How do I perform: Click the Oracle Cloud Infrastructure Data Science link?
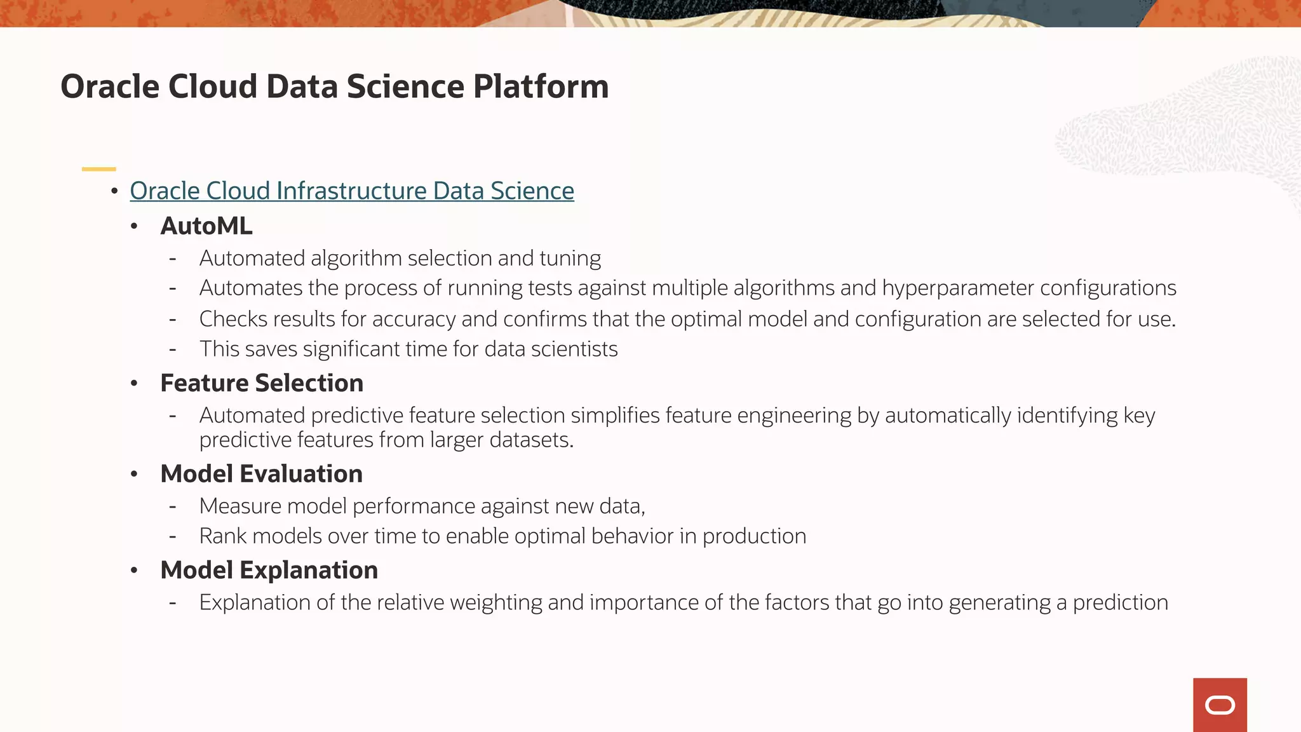tap(351, 191)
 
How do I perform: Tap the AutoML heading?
tap(206, 226)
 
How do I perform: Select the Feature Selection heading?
tap(262, 383)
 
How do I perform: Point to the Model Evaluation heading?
tap(261, 474)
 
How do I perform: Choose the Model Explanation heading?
tap(269, 570)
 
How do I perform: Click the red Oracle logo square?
tap(1220, 705)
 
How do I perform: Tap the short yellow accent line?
tap(98, 169)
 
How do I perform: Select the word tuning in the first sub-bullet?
tap(570, 259)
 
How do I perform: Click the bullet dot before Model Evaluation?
tap(134, 475)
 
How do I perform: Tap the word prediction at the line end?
tap(1120, 602)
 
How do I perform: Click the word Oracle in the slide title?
tap(109, 87)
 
